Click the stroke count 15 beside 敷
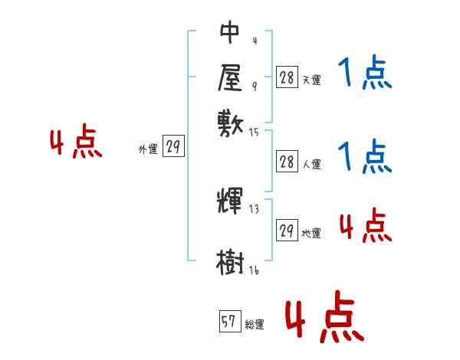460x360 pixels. pos(254,133)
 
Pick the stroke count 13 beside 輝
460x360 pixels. pos(254,208)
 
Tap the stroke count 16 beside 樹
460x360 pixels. pos(254,270)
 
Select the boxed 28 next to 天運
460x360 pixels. pos(287,77)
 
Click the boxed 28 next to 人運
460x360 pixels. pos(287,162)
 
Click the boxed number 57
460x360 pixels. pos(228,322)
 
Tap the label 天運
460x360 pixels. pos(311,79)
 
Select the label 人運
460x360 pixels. pos(311,164)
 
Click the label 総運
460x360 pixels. pos(255,325)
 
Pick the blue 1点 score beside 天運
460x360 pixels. pos(365,74)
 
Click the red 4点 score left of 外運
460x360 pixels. pos(76,144)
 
